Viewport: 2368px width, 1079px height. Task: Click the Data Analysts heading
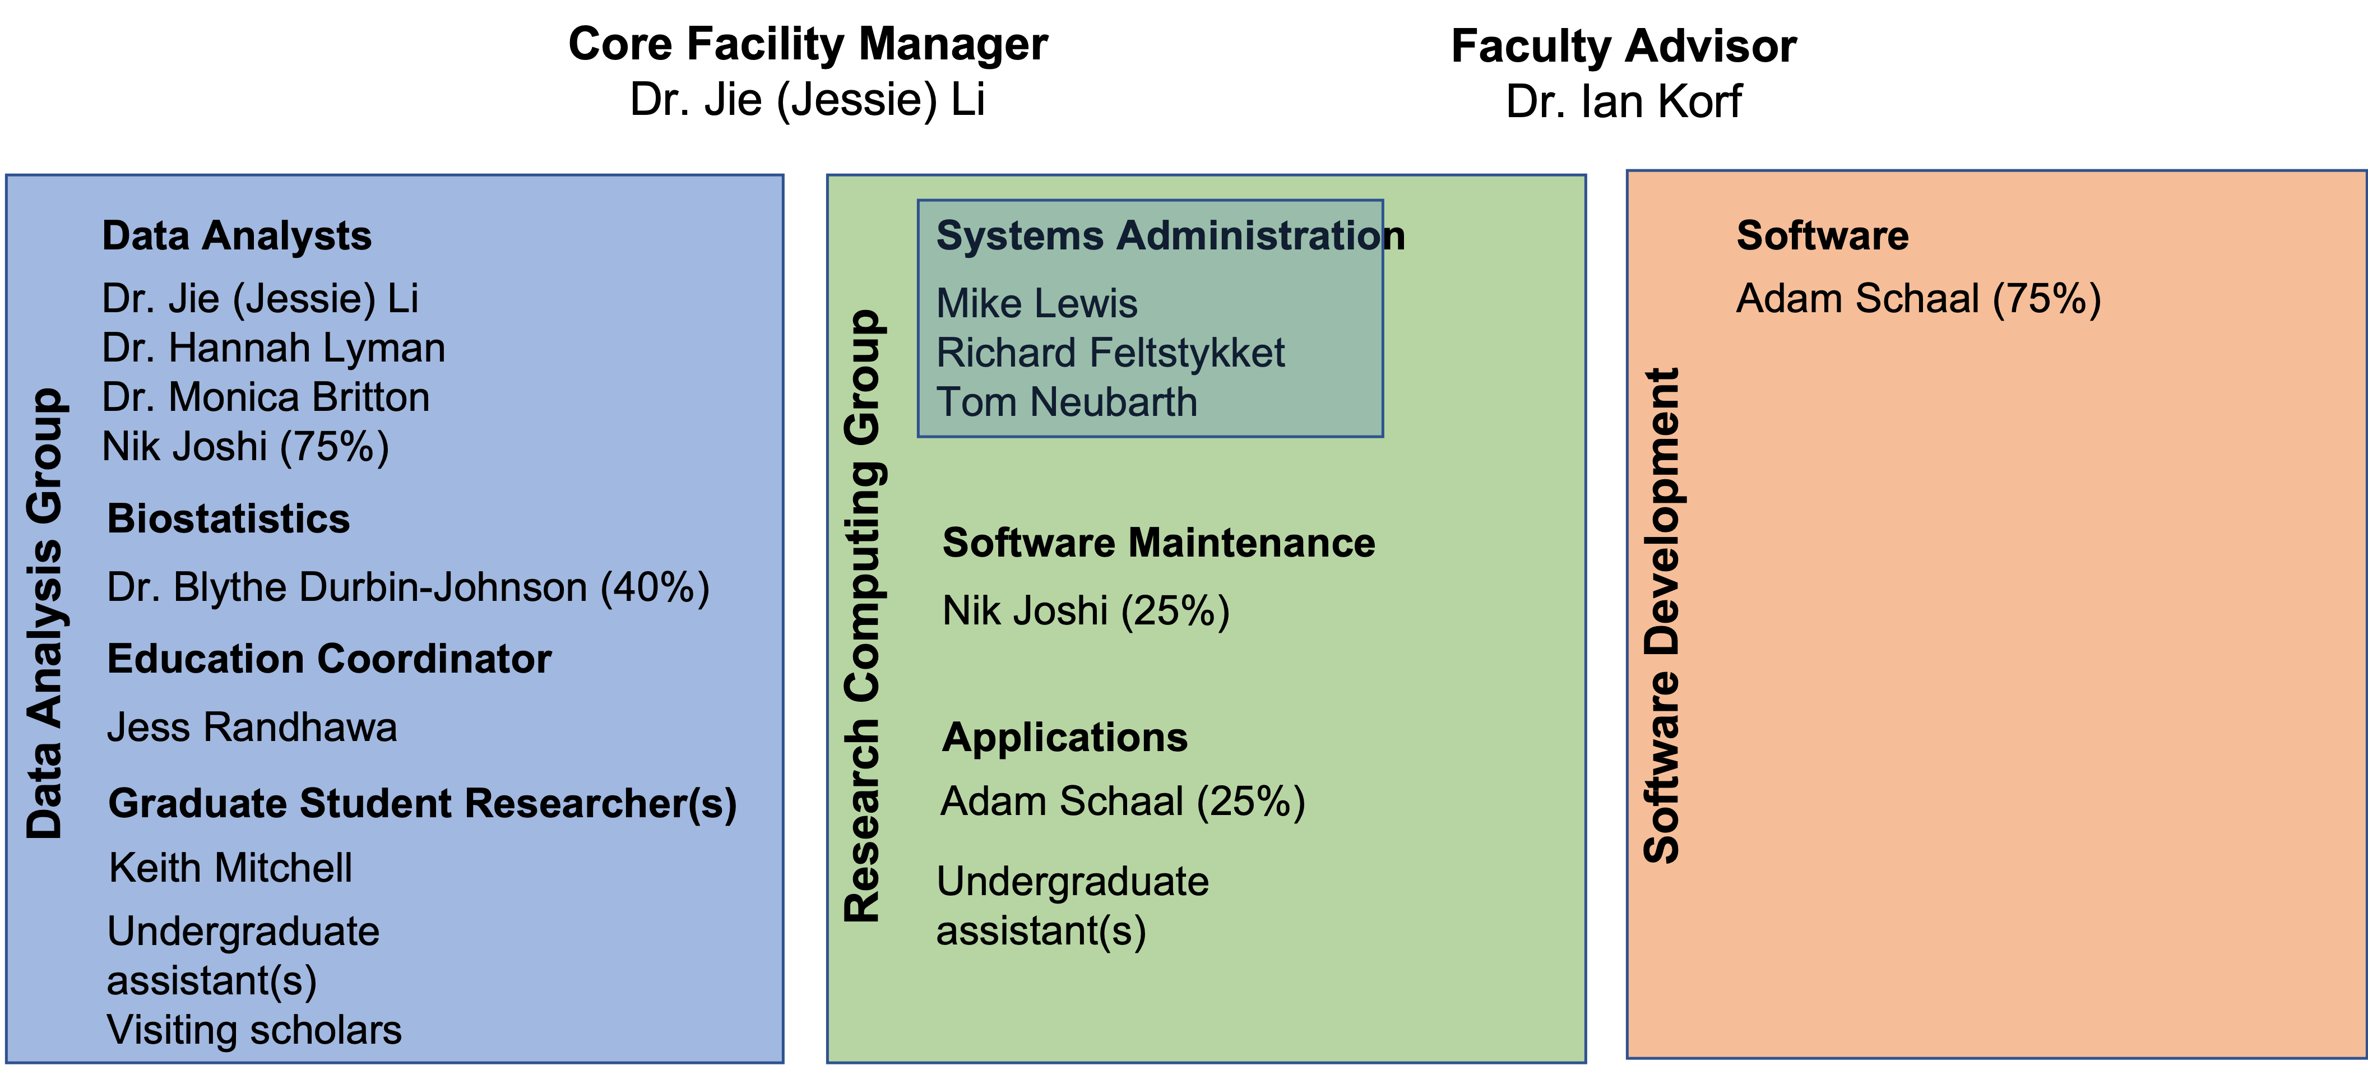pos(237,236)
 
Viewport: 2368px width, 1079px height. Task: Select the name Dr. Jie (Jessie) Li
pos(260,299)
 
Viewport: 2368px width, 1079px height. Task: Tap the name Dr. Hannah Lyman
pos(273,348)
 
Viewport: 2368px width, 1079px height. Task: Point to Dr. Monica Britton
pos(266,398)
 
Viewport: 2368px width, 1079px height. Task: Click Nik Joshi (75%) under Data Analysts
pos(245,448)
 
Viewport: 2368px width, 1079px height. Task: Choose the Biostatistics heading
pos(228,519)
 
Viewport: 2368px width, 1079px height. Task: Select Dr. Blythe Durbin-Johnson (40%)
pos(408,588)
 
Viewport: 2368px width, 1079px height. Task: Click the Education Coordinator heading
pos(329,659)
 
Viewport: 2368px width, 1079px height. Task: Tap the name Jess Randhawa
pos(252,728)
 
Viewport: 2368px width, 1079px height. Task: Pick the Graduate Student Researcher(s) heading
pos(422,804)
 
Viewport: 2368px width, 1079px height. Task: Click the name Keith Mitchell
pos(230,869)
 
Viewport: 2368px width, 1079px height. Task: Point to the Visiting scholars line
pos(254,1030)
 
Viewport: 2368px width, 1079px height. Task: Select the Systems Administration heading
pos(1169,236)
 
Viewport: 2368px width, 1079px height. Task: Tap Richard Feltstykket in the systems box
pos(1110,354)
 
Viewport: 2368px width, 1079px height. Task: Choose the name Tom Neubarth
pos(1067,402)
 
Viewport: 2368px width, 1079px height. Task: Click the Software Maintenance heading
pos(1158,543)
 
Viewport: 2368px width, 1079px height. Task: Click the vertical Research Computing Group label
pos(864,616)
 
